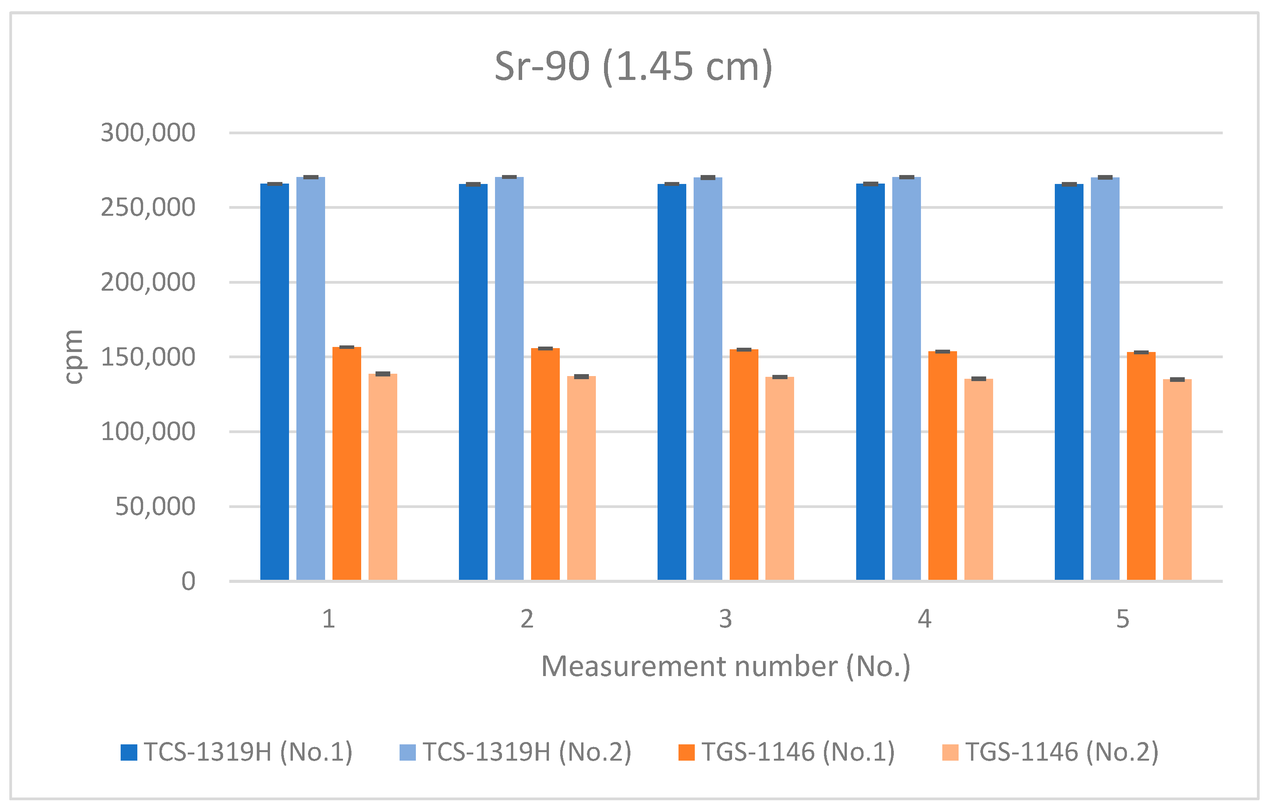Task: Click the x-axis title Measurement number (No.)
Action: (725, 666)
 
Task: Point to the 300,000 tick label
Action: (148, 133)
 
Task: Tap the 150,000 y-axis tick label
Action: (148, 357)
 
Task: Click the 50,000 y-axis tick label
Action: (155, 507)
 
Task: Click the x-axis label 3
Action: (725, 619)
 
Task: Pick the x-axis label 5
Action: (1123, 619)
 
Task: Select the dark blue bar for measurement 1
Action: (275, 381)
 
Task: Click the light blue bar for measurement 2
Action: (509, 378)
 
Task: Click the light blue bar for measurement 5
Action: (1105, 378)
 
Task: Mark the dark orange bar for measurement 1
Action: (347, 463)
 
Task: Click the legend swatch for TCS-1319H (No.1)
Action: (129, 752)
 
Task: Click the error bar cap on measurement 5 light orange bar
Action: (1177, 380)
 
